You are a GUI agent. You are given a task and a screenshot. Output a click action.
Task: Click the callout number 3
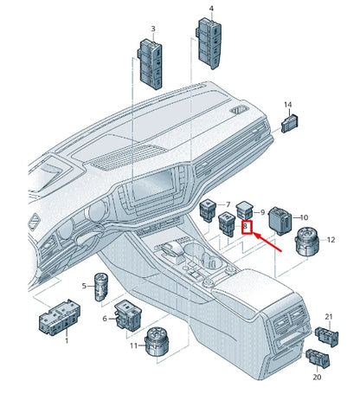tap(153, 29)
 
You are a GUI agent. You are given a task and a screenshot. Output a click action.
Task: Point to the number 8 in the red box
tap(246, 229)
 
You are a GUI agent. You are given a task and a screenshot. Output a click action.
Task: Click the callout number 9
tap(261, 212)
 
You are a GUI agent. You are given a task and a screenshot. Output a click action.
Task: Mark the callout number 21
tap(328, 317)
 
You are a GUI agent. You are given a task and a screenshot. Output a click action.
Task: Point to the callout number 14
tap(287, 105)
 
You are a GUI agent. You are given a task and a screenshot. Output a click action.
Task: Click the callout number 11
tap(133, 346)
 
